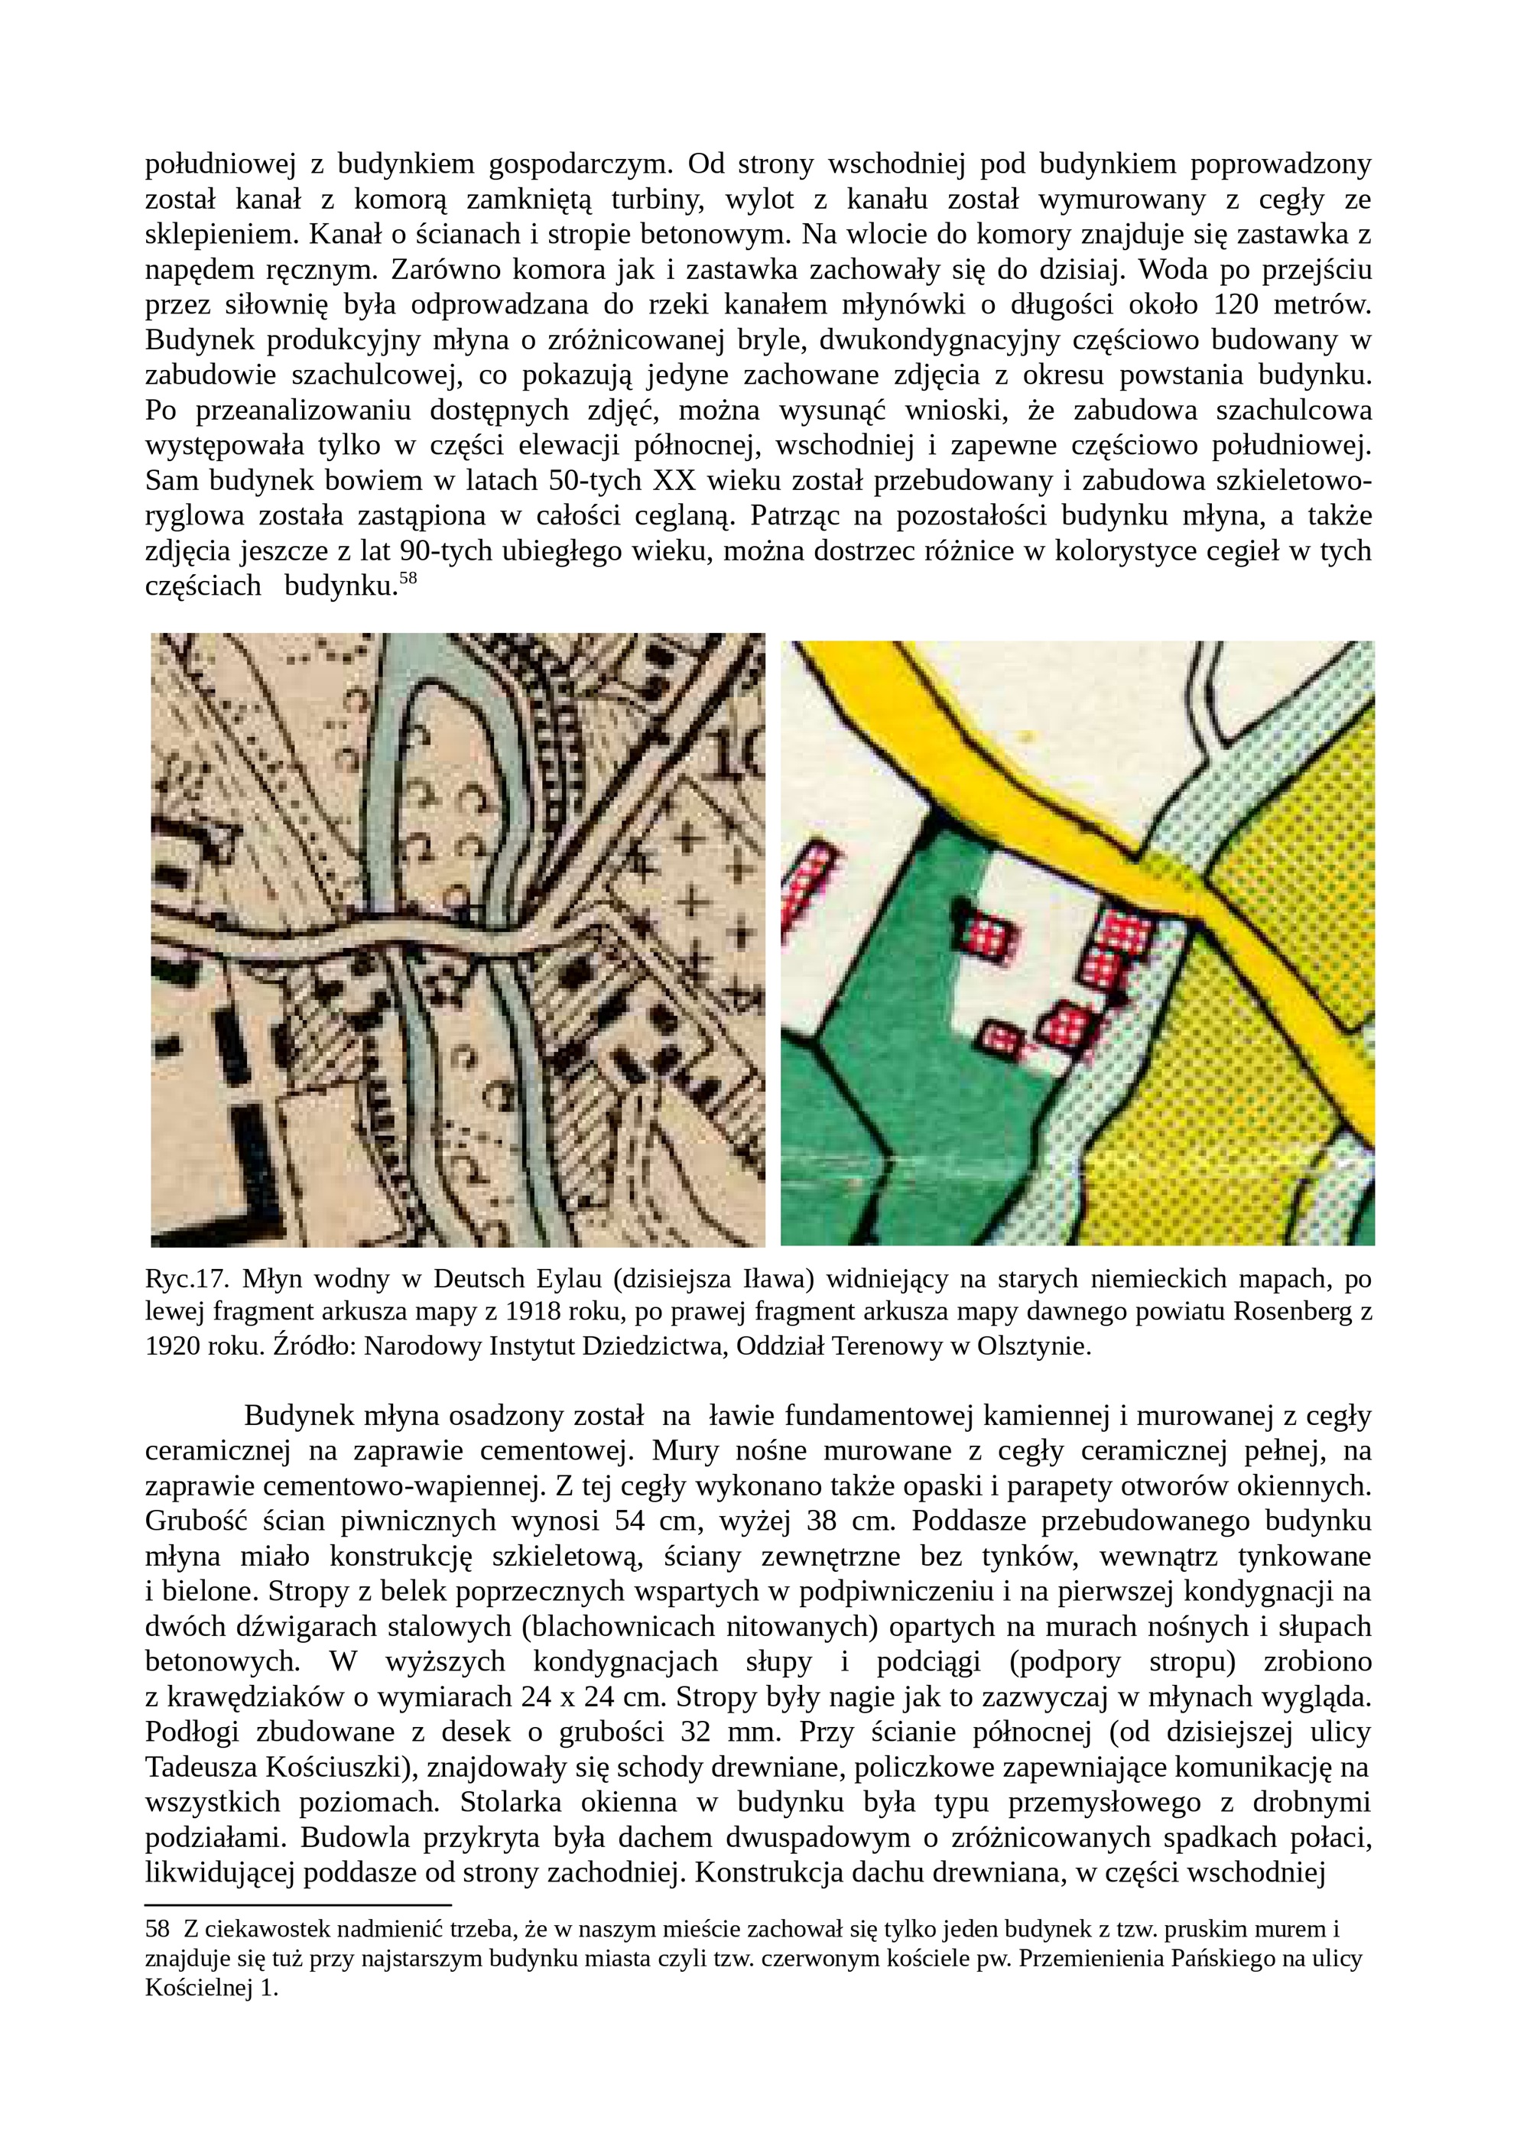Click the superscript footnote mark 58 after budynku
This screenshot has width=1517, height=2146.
click(407, 579)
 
